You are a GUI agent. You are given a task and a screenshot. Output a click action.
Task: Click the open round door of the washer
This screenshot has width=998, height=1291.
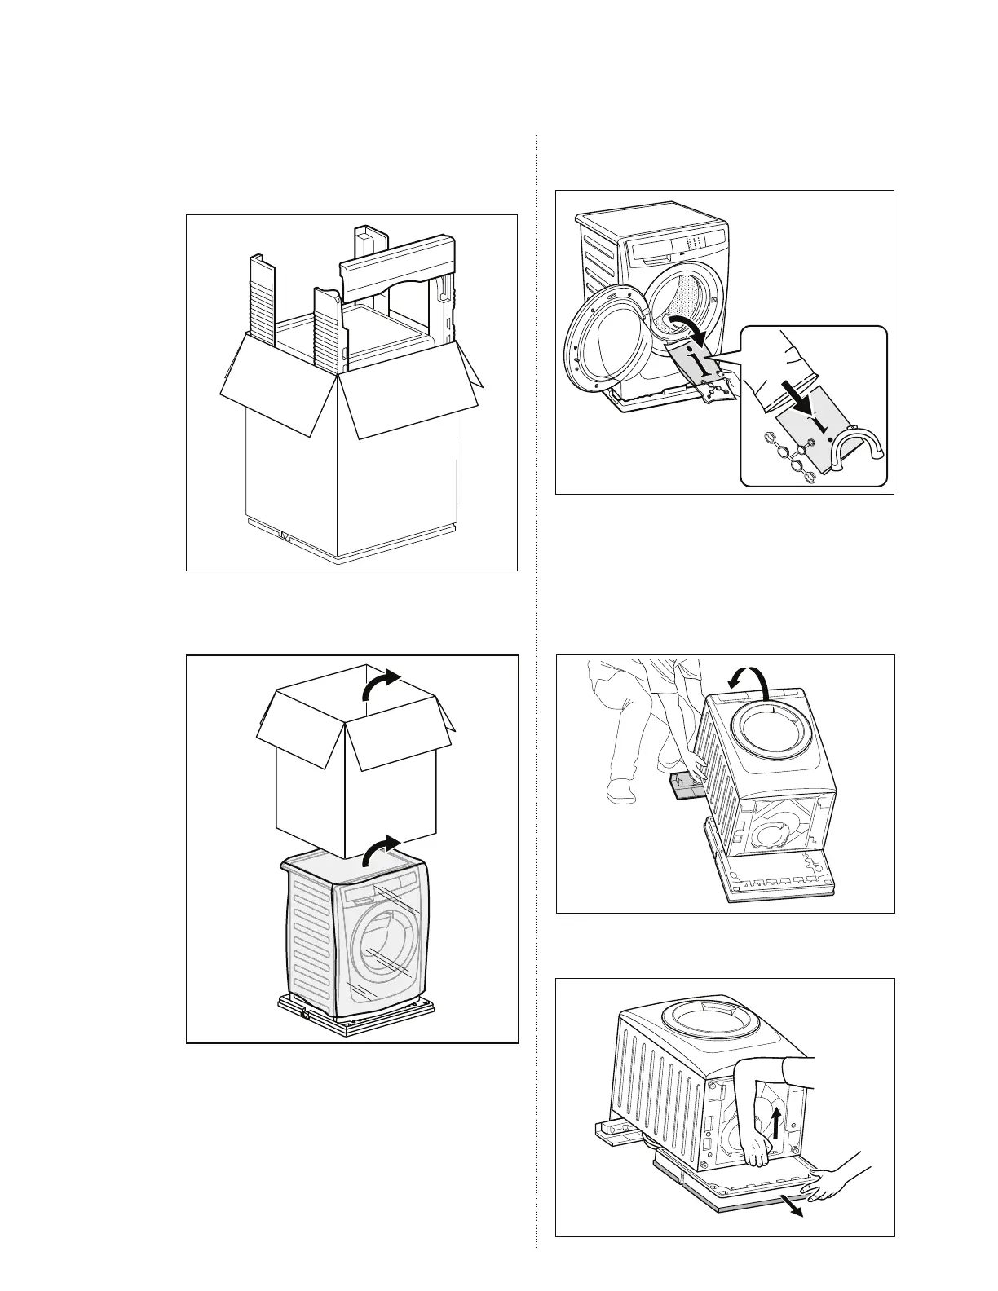click(602, 334)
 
